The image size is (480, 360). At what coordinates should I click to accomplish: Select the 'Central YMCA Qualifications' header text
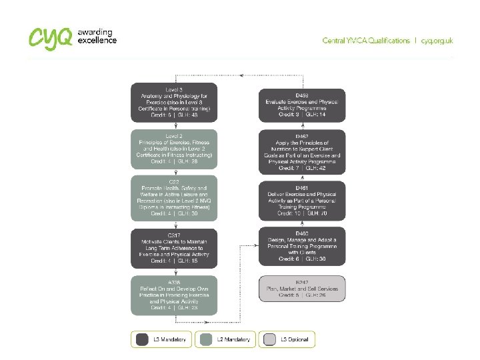click(x=366, y=41)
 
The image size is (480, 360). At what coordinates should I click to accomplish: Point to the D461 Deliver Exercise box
click(x=302, y=201)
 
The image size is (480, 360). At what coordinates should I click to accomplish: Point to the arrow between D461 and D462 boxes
click(x=302, y=176)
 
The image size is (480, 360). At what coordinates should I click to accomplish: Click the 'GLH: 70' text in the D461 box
click(x=317, y=214)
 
